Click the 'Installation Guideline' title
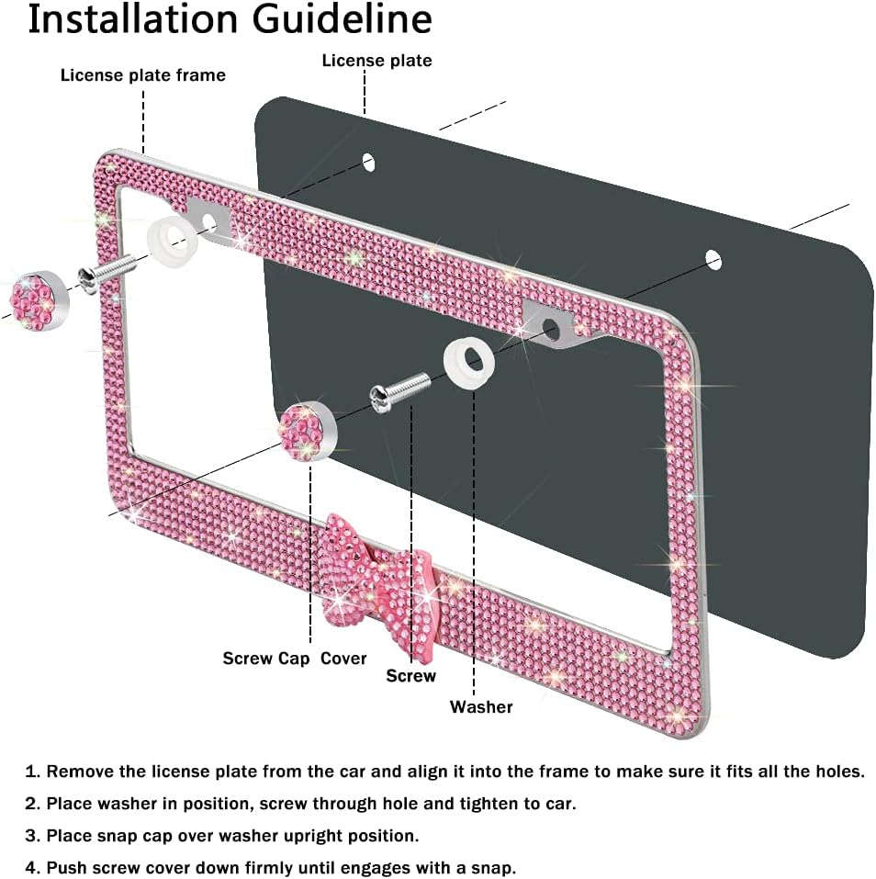point(230,20)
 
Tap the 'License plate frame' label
point(143,75)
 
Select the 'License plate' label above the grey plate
point(376,61)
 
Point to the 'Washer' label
point(481,706)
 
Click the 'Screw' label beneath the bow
point(410,675)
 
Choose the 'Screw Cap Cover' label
point(294,659)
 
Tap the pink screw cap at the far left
point(39,300)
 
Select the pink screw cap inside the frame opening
point(307,432)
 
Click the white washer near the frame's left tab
point(172,242)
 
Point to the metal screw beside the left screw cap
point(107,273)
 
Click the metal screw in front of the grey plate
point(399,393)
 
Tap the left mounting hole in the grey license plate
point(368,163)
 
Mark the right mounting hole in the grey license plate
point(713,261)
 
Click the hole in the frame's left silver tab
point(209,222)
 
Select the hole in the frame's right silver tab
point(550,330)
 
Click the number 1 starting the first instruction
point(32,772)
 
